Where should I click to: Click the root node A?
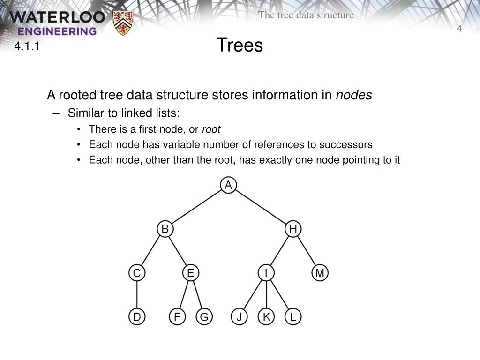pyautogui.click(x=228, y=185)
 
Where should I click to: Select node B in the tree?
pyautogui.click(x=165, y=229)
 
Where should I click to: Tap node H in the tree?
pyautogui.click(x=293, y=229)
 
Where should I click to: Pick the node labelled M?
pyautogui.click(x=320, y=273)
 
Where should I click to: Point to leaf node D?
pyautogui.click(x=137, y=316)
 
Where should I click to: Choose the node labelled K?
pyautogui.click(x=266, y=316)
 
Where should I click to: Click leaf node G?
pyautogui.click(x=204, y=316)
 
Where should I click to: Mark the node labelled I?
pyautogui.click(x=266, y=273)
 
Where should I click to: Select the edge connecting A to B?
pyautogui.click(x=196, y=207)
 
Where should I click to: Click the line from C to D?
pyautogui.click(x=137, y=294)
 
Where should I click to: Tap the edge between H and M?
pyautogui.click(x=307, y=251)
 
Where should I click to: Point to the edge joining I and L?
pyautogui.click(x=279, y=294)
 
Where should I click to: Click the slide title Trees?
pyautogui.click(x=240, y=45)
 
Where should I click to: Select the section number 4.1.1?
pyautogui.click(x=27, y=46)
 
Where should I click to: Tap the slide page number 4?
pyautogui.click(x=459, y=29)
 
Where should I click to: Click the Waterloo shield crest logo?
pyautogui.click(x=123, y=22)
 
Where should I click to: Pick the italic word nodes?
pyautogui.click(x=354, y=95)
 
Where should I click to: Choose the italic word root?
pyautogui.click(x=211, y=129)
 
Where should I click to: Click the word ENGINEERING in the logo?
pyautogui.click(x=57, y=31)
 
